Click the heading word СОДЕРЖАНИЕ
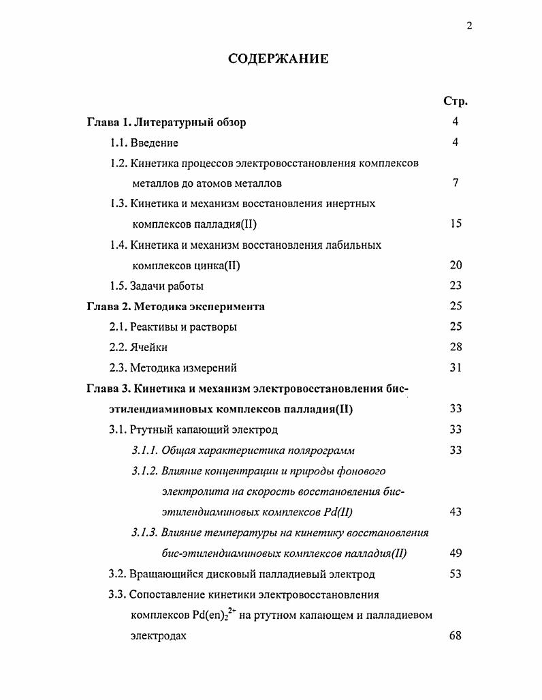278,59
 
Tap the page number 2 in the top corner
469,26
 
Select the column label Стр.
455,102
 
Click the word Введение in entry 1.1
155,143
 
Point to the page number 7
456,183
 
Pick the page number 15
456,224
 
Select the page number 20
456,265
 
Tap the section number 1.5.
119,286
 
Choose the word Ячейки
148,348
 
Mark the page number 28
456,347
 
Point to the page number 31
456,367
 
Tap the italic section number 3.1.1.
145,451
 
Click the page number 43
456,512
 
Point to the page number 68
456,636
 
